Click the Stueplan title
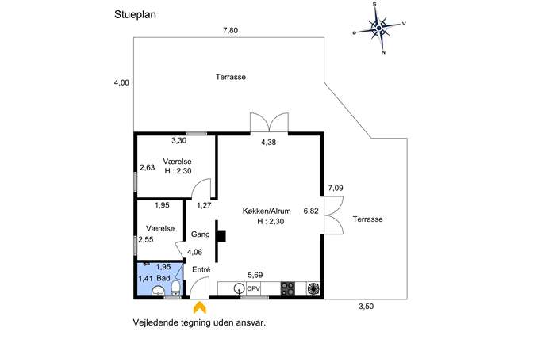coord(135,15)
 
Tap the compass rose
coord(379,28)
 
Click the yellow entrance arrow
coord(199,308)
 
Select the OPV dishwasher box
coord(253,289)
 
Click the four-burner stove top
coord(288,289)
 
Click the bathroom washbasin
coord(159,291)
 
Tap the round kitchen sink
coord(239,288)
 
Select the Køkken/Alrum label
coord(267,211)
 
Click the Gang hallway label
coord(201,234)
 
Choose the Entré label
coord(201,269)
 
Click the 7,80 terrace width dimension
coord(230,31)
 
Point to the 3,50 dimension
coord(366,306)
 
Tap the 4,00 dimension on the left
coord(121,82)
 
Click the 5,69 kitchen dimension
coord(255,275)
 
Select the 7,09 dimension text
coord(336,188)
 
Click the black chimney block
coord(221,236)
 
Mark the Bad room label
coord(163,278)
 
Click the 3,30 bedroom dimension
coord(179,140)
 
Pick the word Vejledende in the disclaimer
coord(155,322)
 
